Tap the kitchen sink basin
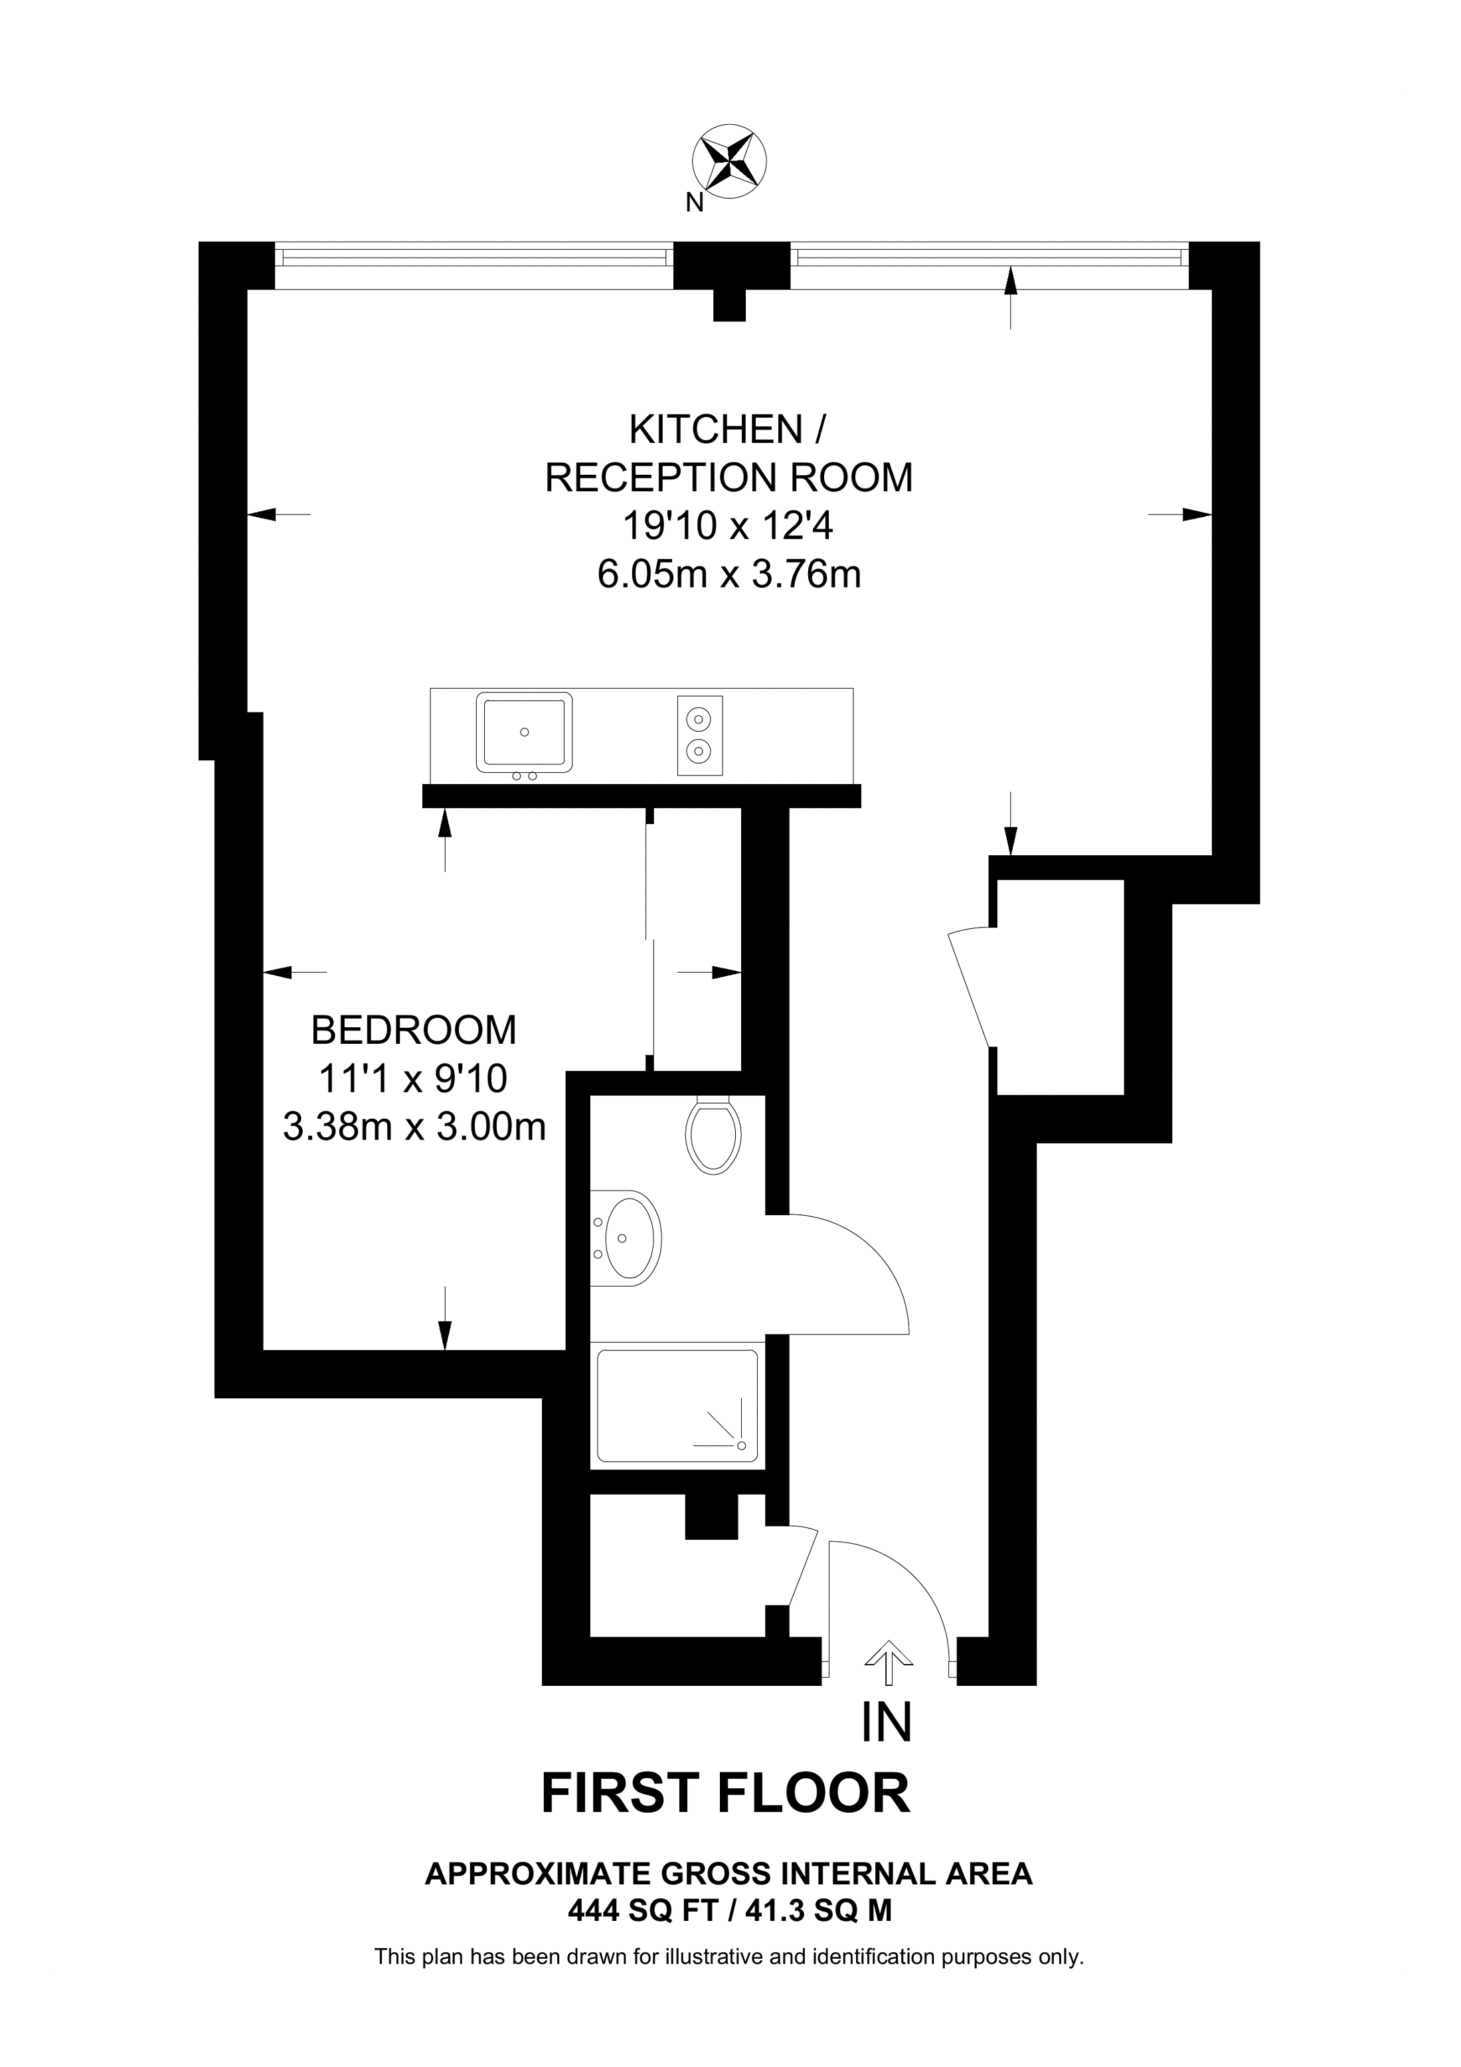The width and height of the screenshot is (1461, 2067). [x=524, y=733]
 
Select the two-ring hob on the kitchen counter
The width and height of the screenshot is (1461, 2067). [x=699, y=736]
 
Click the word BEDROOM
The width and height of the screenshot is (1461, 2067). [x=414, y=1030]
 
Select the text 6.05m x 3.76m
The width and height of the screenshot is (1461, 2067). [x=729, y=574]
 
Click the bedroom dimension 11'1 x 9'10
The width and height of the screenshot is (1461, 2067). [x=414, y=1078]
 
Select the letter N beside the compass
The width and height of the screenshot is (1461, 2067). [x=694, y=203]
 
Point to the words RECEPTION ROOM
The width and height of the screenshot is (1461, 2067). [x=729, y=477]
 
